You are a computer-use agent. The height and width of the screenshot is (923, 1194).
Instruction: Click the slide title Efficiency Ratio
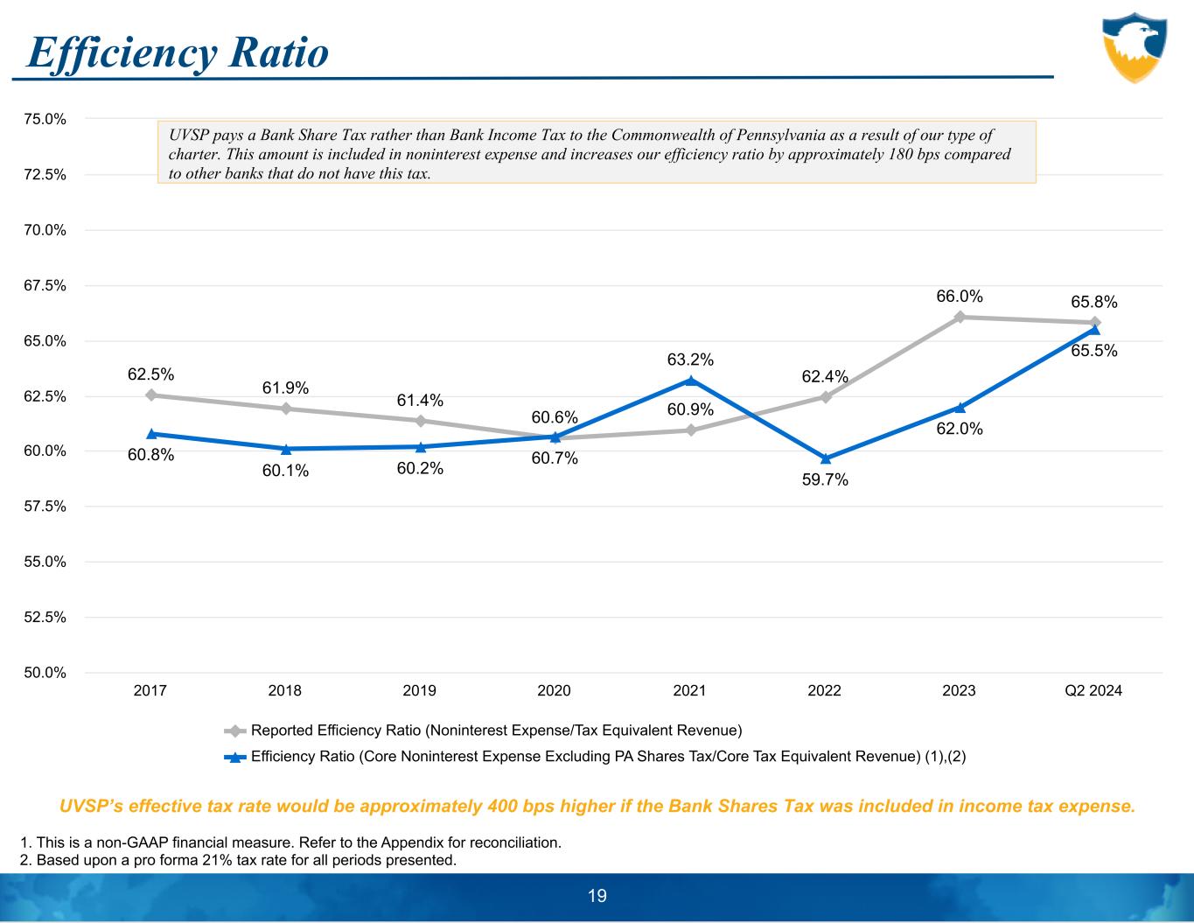click(178, 52)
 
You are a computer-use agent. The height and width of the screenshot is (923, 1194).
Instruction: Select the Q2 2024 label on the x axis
click(1093, 691)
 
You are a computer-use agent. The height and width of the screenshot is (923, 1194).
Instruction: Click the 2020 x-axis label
click(554, 691)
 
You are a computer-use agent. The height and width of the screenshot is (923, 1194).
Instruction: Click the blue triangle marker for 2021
click(690, 381)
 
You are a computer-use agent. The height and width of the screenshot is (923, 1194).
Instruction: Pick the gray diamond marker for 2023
click(960, 317)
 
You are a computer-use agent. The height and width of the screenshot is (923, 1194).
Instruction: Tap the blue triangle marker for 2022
click(825, 458)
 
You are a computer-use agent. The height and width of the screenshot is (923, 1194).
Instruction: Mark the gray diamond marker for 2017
click(151, 395)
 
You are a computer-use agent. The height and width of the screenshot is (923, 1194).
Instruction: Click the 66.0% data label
click(960, 297)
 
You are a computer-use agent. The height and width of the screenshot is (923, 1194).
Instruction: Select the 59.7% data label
click(825, 479)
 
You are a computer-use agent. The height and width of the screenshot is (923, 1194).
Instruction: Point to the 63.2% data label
click(690, 360)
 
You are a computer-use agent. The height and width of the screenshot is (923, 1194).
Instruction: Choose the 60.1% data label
click(286, 471)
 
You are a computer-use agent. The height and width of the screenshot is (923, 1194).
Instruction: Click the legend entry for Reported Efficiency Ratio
click(495, 731)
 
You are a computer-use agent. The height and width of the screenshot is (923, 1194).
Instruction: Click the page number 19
click(597, 896)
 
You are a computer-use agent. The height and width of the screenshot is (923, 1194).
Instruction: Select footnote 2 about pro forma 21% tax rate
click(238, 860)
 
